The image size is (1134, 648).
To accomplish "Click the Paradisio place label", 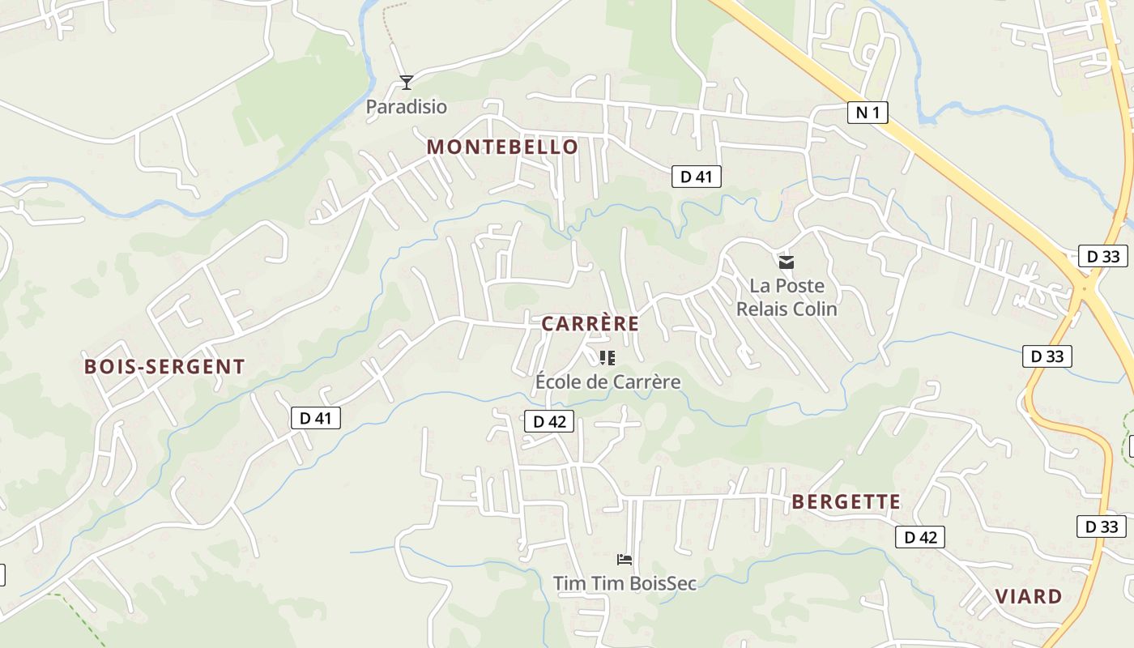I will click(406, 107).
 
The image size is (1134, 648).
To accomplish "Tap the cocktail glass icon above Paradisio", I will click(407, 82).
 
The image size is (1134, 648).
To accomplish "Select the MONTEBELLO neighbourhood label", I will click(502, 147).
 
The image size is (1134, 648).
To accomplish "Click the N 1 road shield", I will click(868, 113).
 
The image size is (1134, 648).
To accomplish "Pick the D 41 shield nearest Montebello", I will click(696, 176).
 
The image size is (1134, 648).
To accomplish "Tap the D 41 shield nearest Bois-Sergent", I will click(315, 418).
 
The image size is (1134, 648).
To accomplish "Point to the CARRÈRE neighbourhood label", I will click(590, 324).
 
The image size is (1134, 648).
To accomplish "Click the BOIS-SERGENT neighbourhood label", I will click(164, 367).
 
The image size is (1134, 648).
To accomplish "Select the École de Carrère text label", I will click(607, 382).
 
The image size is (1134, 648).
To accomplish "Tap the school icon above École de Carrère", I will click(607, 357).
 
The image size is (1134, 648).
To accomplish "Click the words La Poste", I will click(787, 286).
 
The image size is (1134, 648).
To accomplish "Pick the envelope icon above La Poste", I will click(786, 262).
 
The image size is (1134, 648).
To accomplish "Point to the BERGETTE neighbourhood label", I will click(846, 502).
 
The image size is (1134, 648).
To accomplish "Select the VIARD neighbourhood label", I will click(1028, 597).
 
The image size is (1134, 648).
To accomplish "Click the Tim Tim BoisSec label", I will click(625, 583).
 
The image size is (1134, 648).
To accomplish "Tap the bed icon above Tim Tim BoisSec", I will click(624, 559).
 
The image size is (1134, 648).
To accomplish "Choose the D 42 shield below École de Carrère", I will click(549, 421).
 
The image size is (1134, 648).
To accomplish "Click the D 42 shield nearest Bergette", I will click(920, 536).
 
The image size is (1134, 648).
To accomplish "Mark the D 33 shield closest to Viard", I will click(1101, 526).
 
